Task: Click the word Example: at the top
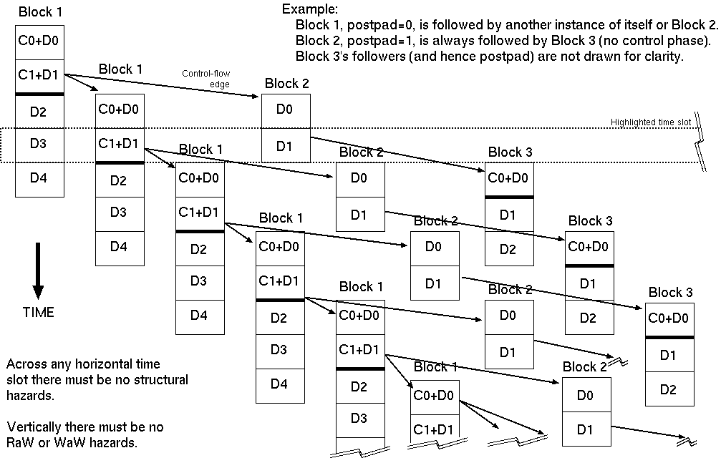tap(310, 9)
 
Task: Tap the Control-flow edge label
tap(205, 79)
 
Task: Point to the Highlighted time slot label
tap(650, 122)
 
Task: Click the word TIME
tap(39, 312)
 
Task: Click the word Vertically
tap(33, 427)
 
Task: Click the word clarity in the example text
tap(663, 56)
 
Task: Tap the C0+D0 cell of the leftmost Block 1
tap(39, 41)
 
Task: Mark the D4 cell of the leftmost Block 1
tap(39, 179)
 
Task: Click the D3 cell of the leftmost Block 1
tap(39, 145)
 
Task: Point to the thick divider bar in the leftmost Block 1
tap(39, 94)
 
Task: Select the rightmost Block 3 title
tap(670, 292)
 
